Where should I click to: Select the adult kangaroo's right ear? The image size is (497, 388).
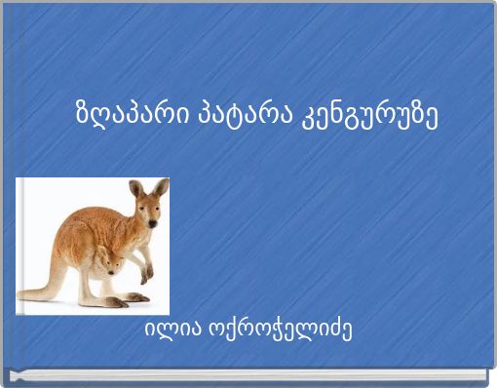[161, 186]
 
